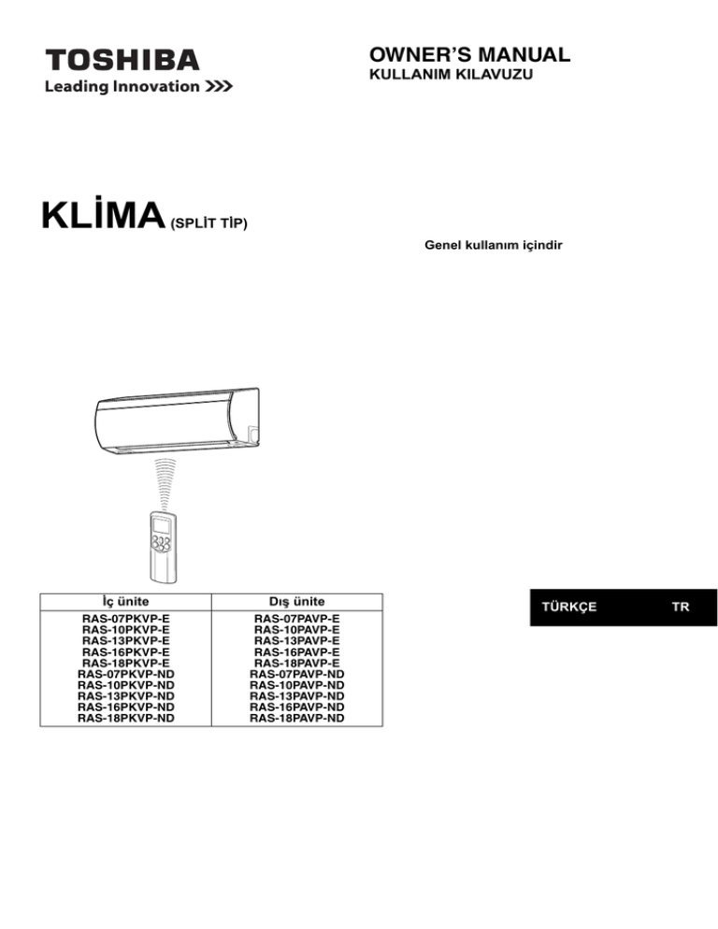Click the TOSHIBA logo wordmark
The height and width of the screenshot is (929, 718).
click(x=122, y=61)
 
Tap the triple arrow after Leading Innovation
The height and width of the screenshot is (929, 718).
click(x=219, y=87)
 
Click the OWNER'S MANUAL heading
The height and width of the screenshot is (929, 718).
click(x=469, y=54)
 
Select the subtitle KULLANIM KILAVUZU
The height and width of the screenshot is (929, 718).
click(x=451, y=75)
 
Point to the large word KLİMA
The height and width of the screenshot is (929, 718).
click(x=103, y=214)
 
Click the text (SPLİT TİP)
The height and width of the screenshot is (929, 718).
click(x=208, y=223)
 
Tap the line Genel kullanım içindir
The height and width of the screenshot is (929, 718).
click(x=494, y=245)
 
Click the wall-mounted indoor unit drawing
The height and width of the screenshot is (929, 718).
click(x=178, y=420)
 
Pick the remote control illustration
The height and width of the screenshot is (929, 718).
click(x=163, y=546)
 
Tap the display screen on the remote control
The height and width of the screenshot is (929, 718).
click(x=162, y=525)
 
